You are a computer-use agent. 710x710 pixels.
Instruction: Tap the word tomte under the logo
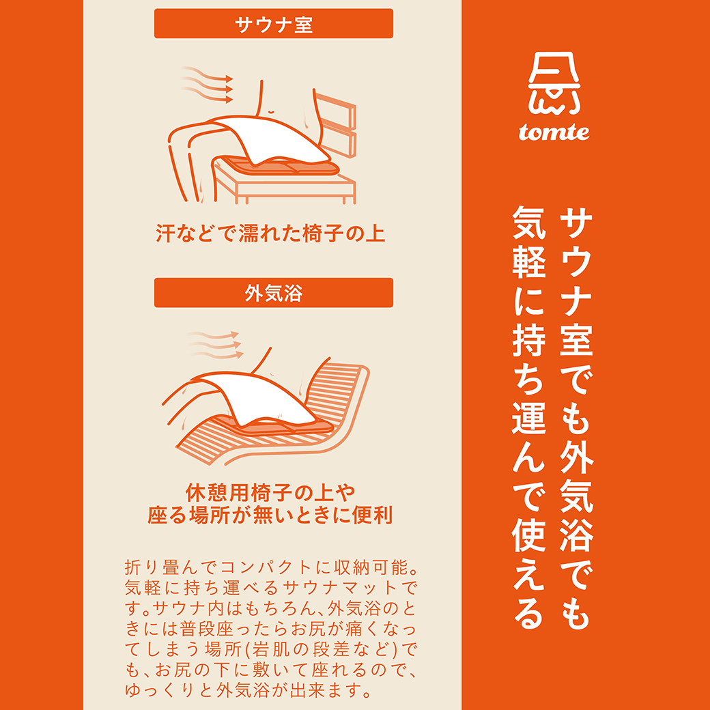(x=554, y=132)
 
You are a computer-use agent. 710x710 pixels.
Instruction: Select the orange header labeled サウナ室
(x=274, y=24)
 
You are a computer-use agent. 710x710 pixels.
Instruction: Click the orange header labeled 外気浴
(x=274, y=293)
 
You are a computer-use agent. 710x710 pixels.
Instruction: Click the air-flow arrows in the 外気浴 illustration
(x=216, y=344)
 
